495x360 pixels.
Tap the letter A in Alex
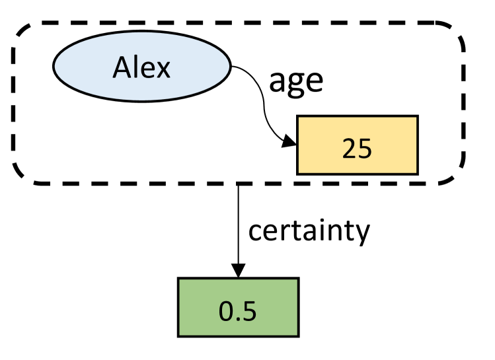pos(122,67)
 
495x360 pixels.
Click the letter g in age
pos(297,84)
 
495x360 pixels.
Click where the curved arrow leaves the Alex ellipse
pos(231,66)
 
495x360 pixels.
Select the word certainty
pos(308,231)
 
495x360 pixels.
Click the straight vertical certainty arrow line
pos(238,225)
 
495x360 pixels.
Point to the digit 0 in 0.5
pos(227,310)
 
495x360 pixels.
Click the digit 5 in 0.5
pos(248,310)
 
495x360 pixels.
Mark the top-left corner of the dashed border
pos(20,30)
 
